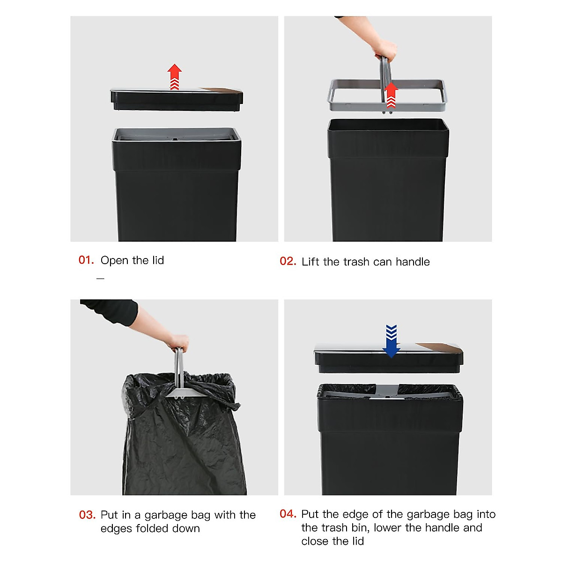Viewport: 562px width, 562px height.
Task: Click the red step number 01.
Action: coord(86,260)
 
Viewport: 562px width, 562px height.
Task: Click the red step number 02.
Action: coord(288,261)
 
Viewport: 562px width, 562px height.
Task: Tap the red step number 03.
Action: coord(87,515)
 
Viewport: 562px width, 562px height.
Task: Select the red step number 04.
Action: coord(288,514)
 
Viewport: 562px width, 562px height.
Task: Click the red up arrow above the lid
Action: coord(174,76)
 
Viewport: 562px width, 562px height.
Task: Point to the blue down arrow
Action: coord(391,341)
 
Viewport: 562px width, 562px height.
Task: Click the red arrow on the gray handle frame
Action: coord(391,95)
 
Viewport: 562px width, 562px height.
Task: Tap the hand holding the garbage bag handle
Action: coord(179,342)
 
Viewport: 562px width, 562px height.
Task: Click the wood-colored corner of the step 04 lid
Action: coord(442,348)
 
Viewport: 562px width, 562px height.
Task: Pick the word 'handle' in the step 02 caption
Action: coord(412,262)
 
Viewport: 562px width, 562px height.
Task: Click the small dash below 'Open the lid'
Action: coord(100,279)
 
